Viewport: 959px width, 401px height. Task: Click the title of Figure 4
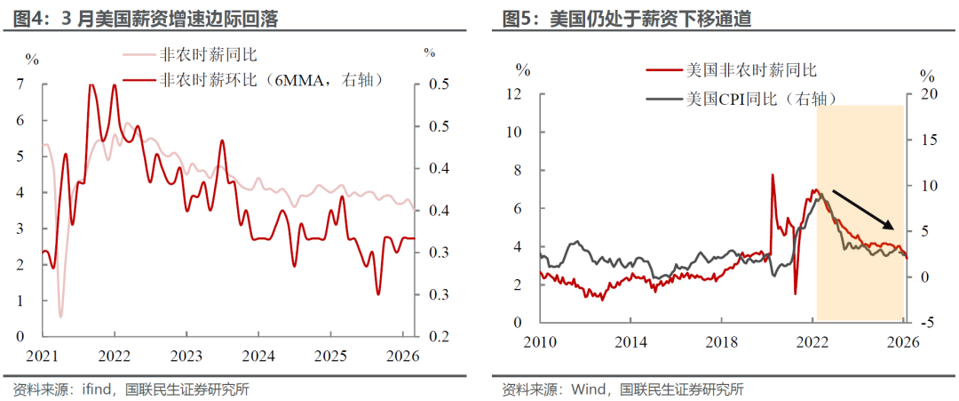[x=146, y=20]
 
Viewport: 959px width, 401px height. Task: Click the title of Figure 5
[x=626, y=20]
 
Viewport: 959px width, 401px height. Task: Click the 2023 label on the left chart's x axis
[x=186, y=356]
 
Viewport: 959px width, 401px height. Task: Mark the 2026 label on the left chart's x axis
[x=402, y=356]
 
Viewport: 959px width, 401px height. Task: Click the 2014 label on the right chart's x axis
[x=631, y=343]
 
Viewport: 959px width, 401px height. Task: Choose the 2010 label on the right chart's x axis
[x=541, y=343]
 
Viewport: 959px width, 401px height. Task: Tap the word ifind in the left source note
[x=97, y=389]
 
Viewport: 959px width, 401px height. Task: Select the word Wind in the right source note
[x=585, y=389]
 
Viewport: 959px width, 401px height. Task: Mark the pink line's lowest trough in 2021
[x=60, y=317]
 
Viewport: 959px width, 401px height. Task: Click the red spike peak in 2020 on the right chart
[x=773, y=175]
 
